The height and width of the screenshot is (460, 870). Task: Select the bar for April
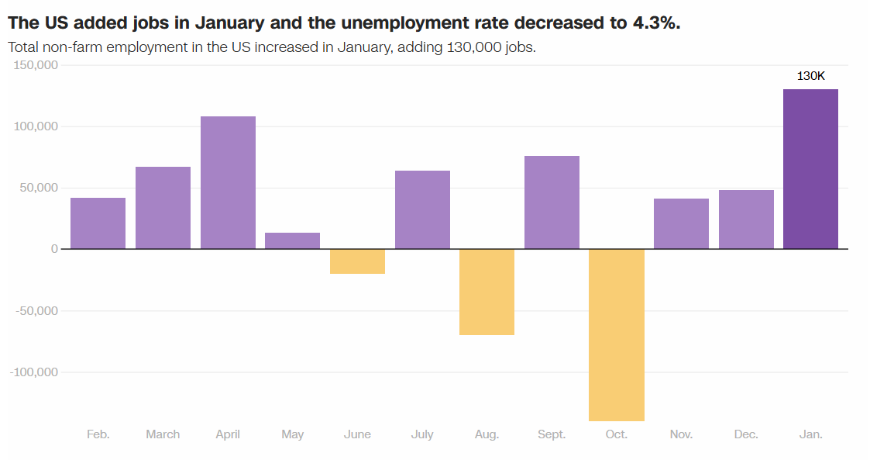(x=228, y=182)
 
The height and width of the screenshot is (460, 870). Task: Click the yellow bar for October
(x=616, y=334)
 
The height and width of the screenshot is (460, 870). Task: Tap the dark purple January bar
(x=810, y=169)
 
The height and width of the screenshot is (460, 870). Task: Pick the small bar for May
(x=292, y=240)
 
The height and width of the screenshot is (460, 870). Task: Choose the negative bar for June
(x=357, y=261)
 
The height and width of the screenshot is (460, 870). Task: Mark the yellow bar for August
(x=487, y=292)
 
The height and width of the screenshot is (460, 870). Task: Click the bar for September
(x=552, y=202)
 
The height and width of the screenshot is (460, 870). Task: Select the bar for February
(x=98, y=223)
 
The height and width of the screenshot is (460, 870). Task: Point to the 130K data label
(x=811, y=76)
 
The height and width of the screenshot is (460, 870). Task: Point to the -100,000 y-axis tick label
(x=34, y=372)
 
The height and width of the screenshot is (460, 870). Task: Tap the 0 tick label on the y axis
(x=54, y=249)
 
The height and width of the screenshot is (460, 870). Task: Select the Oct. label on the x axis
(x=616, y=434)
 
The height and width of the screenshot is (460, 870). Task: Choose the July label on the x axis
(x=422, y=434)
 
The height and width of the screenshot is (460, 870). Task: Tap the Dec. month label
(x=746, y=434)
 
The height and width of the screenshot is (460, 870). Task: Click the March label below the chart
(x=163, y=434)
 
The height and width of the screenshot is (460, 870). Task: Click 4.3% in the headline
(x=655, y=22)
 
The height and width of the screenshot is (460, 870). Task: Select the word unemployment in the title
(x=394, y=22)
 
